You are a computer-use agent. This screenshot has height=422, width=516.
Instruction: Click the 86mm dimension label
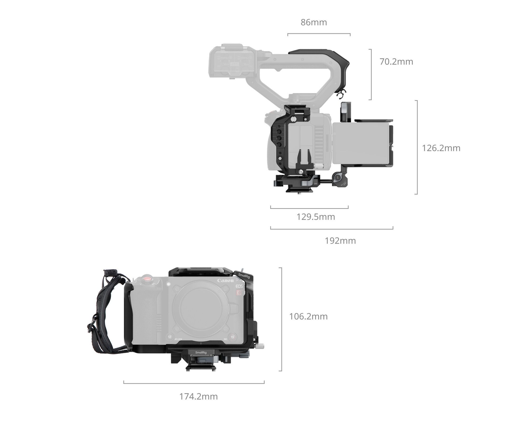(x=314, y=22)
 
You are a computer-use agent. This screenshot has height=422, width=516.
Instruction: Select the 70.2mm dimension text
(x=396, y=62)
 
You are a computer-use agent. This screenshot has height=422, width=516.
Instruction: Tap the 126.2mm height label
(x=441, y=148)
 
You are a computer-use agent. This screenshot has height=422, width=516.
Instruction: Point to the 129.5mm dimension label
(x=316, y=217)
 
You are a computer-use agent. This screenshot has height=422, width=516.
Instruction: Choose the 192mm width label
(x=340, y=241)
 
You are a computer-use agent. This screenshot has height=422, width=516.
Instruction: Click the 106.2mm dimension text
(x=308, y=316)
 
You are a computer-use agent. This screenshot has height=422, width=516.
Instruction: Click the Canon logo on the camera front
(x=226, y=281)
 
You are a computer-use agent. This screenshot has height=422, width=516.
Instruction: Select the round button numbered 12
(x=170, y=337)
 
